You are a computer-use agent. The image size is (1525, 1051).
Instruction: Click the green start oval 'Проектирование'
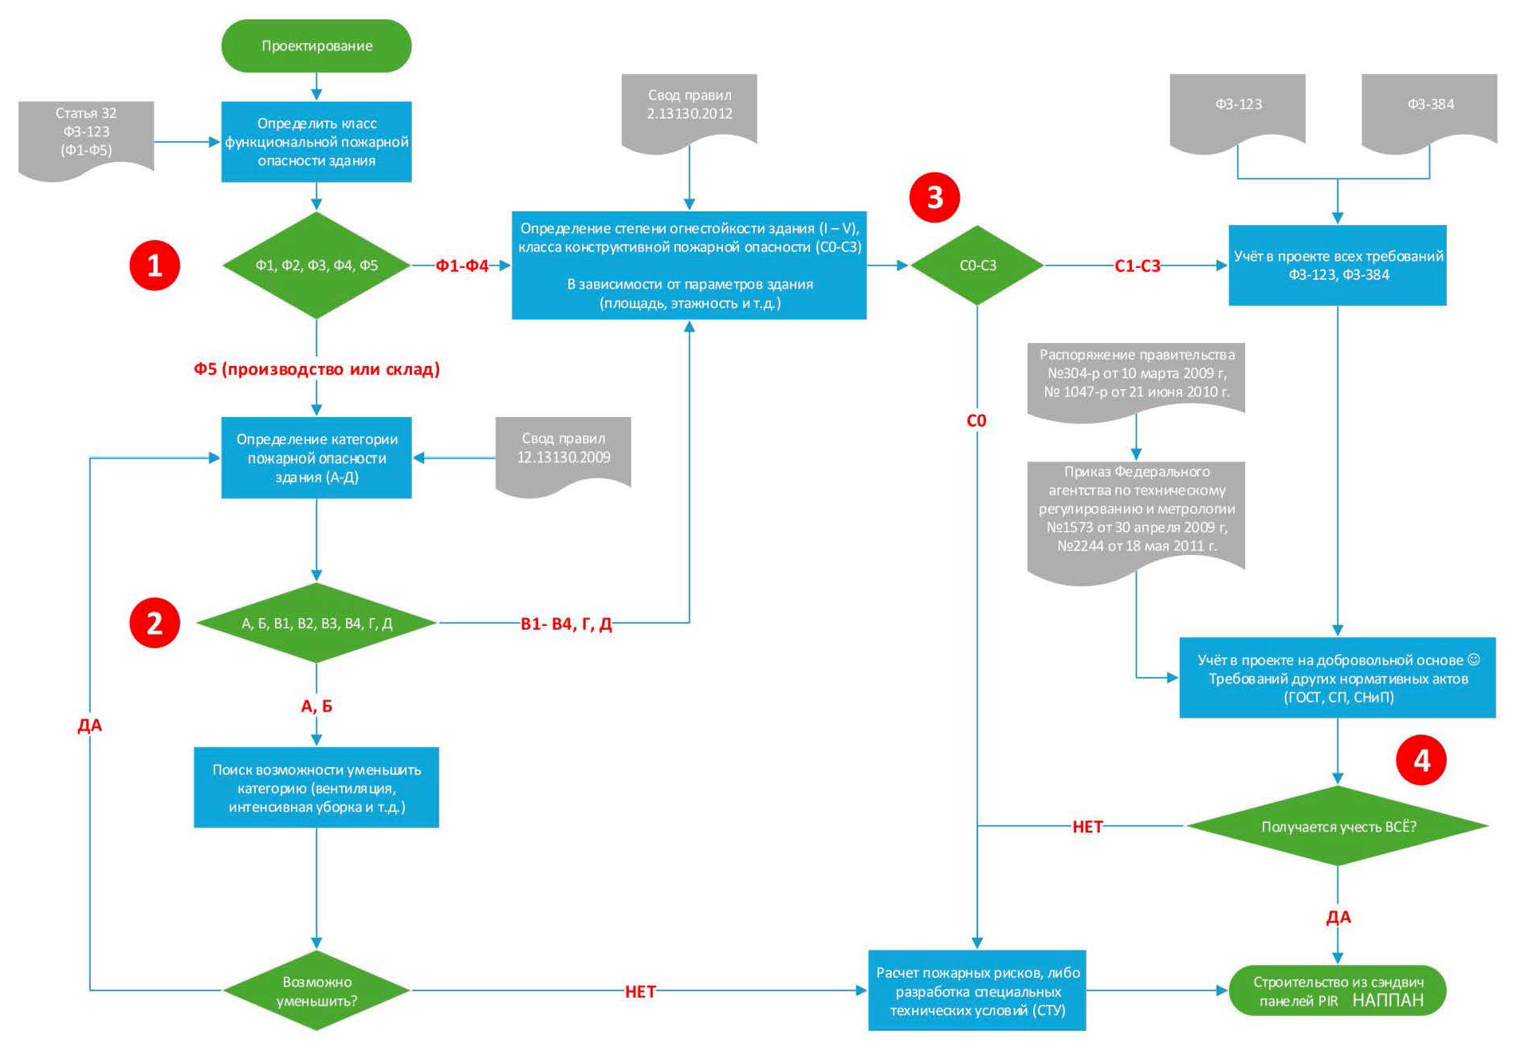[316, 46]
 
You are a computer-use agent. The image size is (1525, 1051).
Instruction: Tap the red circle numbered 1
[155, 266]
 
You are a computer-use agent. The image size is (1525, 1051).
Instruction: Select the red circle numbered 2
[155, 623]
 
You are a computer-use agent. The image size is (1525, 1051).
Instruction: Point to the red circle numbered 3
[934, 197]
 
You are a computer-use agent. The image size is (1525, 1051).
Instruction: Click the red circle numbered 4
[1421, 760]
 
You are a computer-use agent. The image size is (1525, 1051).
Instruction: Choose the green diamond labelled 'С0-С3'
[977, 266]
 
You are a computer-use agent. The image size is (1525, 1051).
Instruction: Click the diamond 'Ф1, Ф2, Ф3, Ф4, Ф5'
[316, 266]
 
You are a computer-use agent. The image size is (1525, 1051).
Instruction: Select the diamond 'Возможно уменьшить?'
[316, 990]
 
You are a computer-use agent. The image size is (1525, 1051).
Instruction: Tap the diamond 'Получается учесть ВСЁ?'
[1338, 826]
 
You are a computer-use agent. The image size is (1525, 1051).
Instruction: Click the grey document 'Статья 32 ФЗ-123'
[86, 132]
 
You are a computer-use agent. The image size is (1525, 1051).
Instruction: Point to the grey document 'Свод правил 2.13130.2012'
[689, 105]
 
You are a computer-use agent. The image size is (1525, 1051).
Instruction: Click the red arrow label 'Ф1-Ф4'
[462, 266]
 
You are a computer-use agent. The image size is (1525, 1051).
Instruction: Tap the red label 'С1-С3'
[1137, 266]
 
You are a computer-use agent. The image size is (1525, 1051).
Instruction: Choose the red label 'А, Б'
[316, 706]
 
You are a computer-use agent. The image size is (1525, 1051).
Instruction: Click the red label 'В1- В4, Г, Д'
[566, 624]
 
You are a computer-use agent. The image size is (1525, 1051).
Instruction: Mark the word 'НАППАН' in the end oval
[1387, 1000]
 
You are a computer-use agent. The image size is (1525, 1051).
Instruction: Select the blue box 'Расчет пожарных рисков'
[977, 990]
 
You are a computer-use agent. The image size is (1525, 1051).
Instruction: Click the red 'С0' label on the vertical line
[977, 420]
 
